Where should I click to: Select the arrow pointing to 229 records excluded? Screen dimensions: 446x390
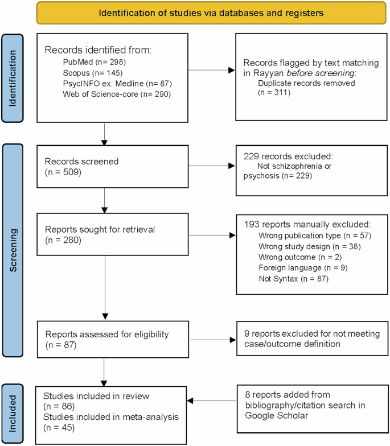click(211, 167)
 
